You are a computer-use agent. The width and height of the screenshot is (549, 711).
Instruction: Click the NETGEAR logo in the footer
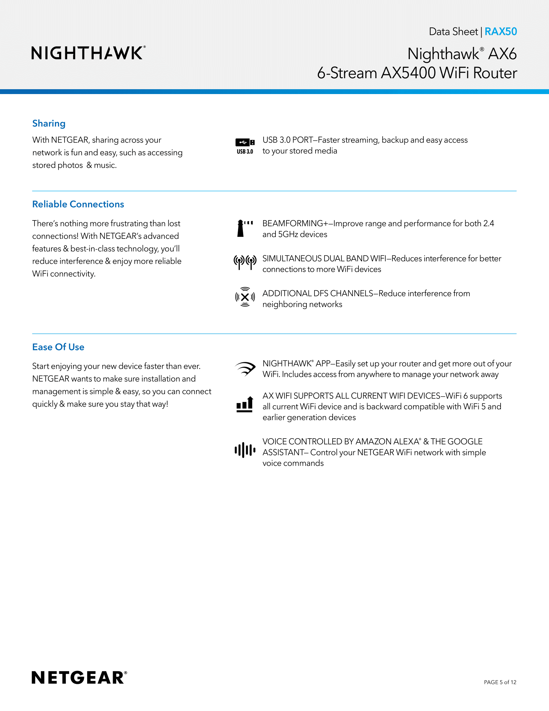pyautogui.click(x=79, y=677)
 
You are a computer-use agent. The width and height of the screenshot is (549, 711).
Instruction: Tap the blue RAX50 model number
pyautogui.click(x=501, y=32)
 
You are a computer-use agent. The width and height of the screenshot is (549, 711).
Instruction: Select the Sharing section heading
pyautogui.click(x=49, y=123)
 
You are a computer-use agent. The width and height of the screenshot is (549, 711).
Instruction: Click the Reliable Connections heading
pyautogui.click(x=78, y=204)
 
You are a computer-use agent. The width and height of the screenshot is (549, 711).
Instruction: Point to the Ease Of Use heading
pyautogui.click(x=58, y=347)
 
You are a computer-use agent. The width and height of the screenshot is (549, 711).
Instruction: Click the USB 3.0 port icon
pyautogui.click(x=245, y=145)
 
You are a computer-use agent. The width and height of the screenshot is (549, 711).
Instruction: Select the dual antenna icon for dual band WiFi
pyautogui.click(x=245, y=262)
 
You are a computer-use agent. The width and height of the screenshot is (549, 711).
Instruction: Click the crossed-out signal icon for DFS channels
pyautogui.click(x=245, y=297)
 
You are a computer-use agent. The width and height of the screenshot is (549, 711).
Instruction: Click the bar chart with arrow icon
pyautogui.click(x=245, y=404)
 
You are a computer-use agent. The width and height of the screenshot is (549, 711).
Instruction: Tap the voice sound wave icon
pyautogui.click(x=245, y=450)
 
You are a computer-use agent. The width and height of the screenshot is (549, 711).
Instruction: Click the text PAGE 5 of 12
pyautogui.click(x=500, y=682)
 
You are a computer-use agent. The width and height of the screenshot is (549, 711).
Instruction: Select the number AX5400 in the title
pyautogui.click(x=408, y=73)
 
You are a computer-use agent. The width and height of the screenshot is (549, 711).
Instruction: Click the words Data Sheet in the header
pyautogui.click(x=453, y=32)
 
